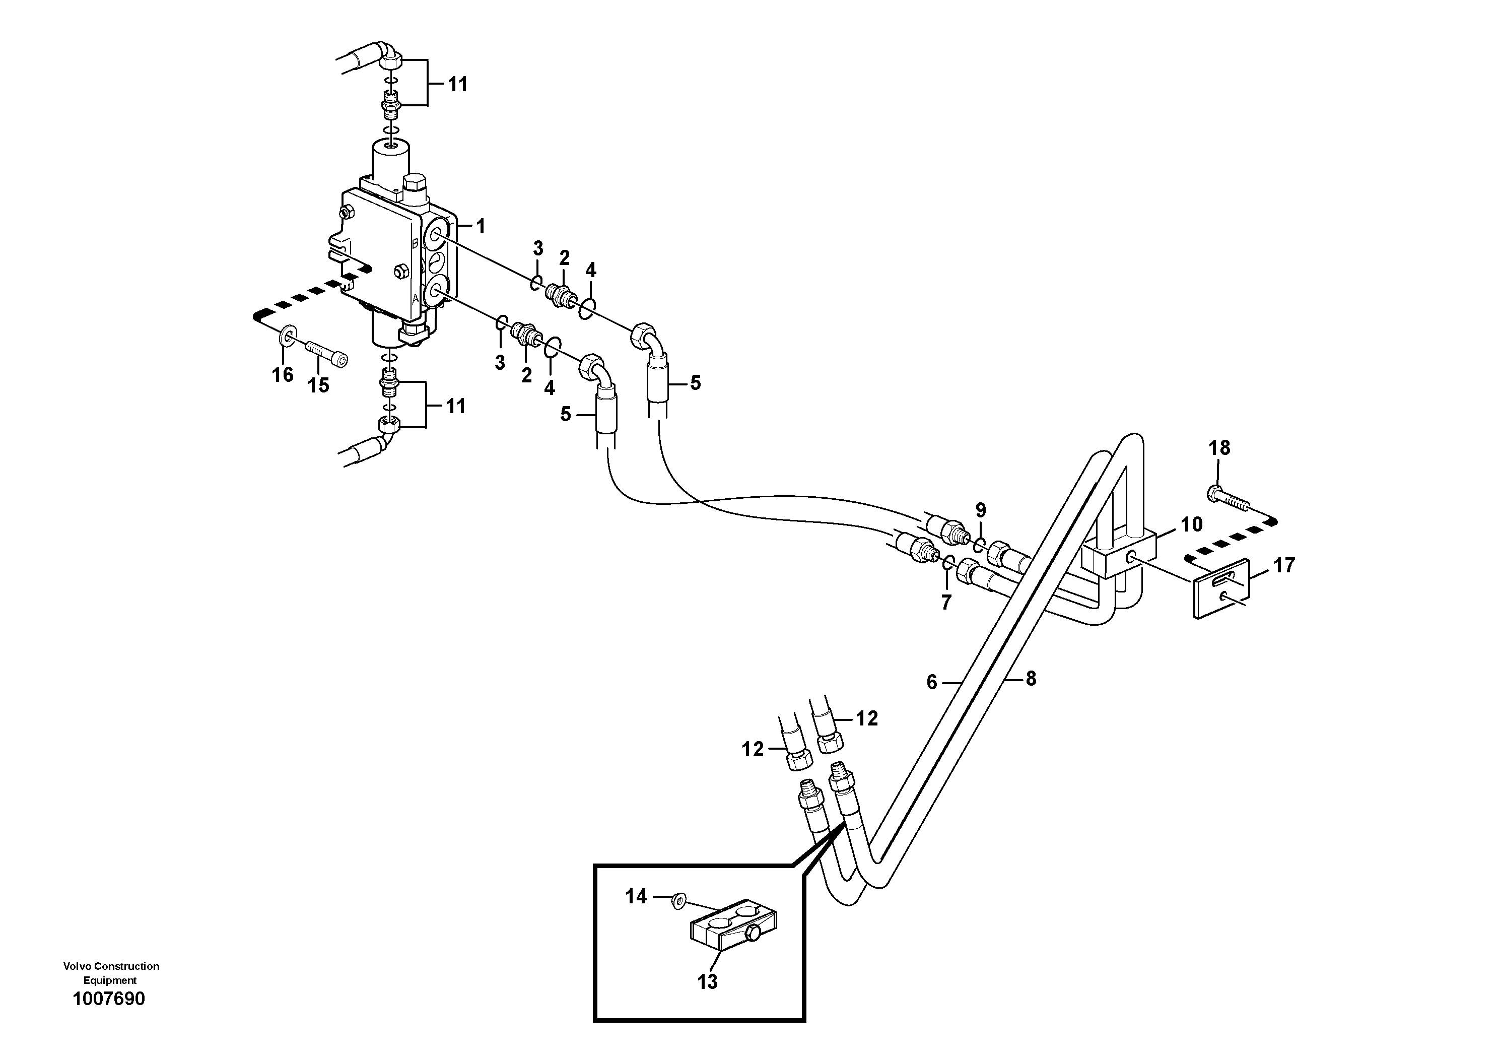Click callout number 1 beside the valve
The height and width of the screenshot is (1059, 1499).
click(x=481, y=227)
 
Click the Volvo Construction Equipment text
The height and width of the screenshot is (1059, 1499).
click(x=111, y=973)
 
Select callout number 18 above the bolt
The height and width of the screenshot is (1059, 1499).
click(x=1219, y=448)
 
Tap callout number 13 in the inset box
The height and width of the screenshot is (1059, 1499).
click(x=707, y=1000)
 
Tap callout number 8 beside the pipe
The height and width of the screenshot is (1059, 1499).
click(x=1031, y=679)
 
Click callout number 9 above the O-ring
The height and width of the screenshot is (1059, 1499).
click(x=981, y=510)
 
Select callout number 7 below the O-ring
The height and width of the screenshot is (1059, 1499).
click(x=946, y=602)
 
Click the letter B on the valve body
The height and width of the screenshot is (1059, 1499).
click(x=415, y=243)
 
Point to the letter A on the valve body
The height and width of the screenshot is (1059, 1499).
click(x=415, y=298)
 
